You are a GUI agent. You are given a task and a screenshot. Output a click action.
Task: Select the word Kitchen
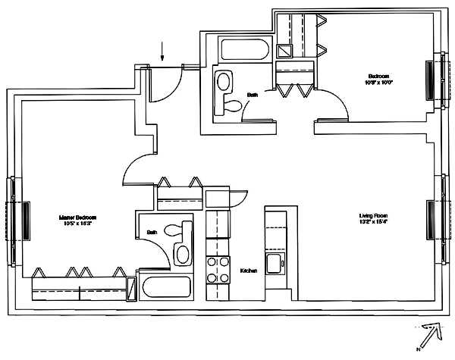[x=249, y=271]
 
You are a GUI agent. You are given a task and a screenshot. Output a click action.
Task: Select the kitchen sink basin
[x=275, y=266]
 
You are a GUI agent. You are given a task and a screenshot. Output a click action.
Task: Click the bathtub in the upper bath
[x=243, y=52]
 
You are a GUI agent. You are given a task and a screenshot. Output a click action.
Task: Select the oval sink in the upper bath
[x=225, y=81]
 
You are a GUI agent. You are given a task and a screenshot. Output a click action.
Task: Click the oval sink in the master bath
[x=184, y=254]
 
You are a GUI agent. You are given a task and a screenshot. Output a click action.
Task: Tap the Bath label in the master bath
[x=152, y=233]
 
